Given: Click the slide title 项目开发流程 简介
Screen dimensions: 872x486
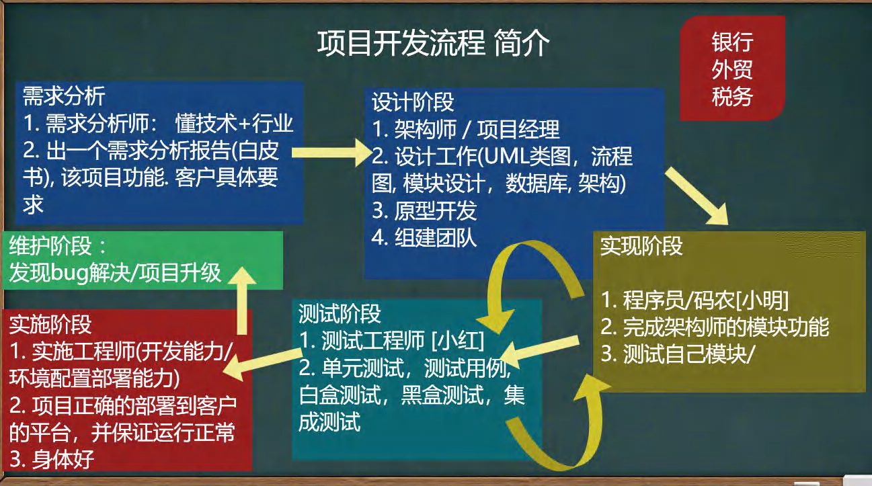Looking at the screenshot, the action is (x=434, y=44).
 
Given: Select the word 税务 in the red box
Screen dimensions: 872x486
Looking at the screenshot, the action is (x=732, y=96).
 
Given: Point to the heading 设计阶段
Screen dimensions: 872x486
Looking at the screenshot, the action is (x=413, y=102).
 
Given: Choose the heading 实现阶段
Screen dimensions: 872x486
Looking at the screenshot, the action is (x=641, y=246).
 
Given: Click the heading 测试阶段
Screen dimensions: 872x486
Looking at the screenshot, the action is (x=340, y=313).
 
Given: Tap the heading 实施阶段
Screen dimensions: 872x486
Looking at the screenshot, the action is (x=50, y=325).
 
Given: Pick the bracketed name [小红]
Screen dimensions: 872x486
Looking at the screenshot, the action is (x=457, y=341).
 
